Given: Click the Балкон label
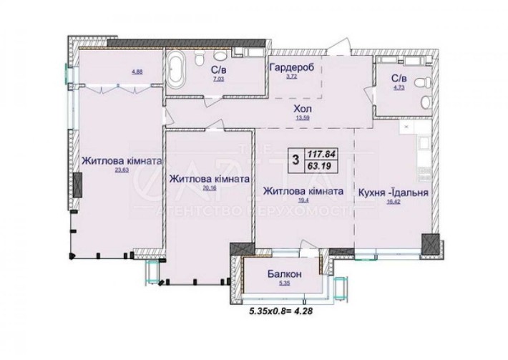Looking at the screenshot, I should coord(284,274).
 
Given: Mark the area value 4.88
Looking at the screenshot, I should coord(115,70).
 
